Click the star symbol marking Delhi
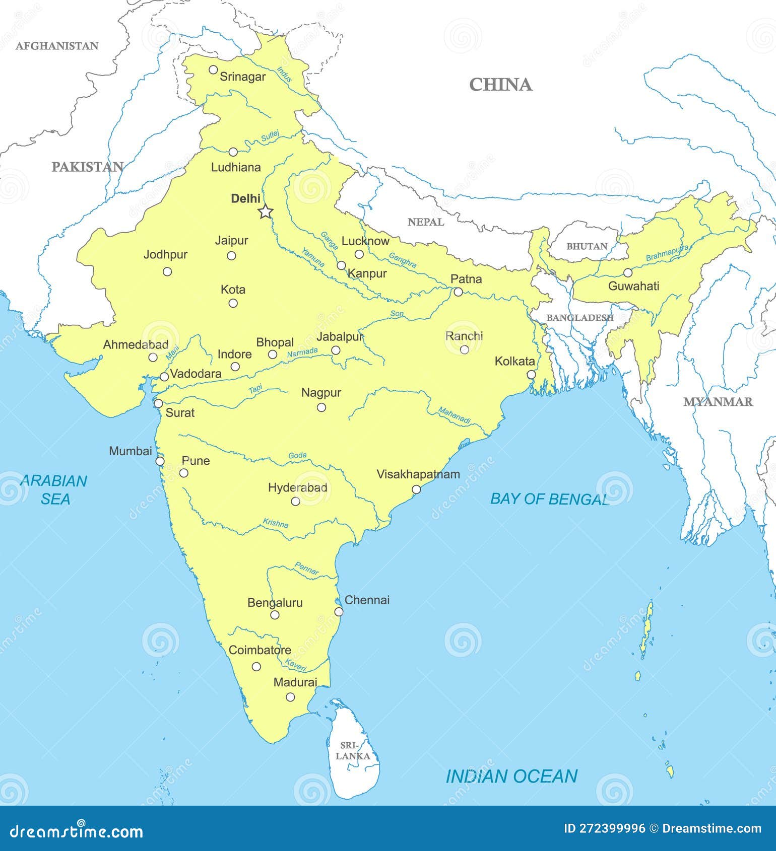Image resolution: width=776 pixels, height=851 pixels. (x=266, y=212)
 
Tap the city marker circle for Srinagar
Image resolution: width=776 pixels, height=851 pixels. (x=213, y=69)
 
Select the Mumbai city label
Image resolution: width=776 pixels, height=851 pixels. (x=131, y=451)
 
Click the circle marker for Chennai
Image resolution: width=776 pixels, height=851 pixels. (x=339, y=612)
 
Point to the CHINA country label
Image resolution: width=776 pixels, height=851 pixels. (x=500, y=85)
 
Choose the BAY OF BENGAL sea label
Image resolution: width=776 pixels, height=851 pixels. (x=550, y=499)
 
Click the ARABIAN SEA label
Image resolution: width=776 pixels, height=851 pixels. (x=54, y=489)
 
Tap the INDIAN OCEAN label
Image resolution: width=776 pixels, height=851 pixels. (x=511, y=776)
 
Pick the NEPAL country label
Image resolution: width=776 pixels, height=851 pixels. (x=426, y=222)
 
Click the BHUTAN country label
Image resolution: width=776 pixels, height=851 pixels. (x=587, y=246)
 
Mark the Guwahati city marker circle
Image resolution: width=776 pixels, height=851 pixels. (x=628, y=273)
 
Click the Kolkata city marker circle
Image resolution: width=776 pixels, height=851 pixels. (x=531, y=375)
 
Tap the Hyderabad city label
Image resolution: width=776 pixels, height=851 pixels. (x=297, y=487)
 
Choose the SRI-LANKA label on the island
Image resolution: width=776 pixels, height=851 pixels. (x=353, y=751)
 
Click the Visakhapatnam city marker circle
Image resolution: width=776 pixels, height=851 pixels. (x=416, y=489)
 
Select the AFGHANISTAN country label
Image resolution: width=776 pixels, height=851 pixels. (x=57, y=46)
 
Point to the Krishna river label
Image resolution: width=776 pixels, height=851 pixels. (x=276, y=523)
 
